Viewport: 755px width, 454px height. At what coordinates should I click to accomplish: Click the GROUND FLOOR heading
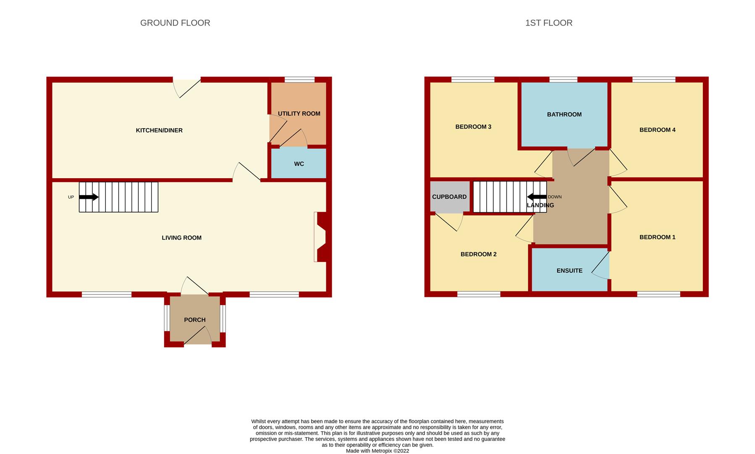pyautogui.click(x=175, y=23)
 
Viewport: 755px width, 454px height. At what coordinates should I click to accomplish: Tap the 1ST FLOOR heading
pyautogui.click(x=548, y=23)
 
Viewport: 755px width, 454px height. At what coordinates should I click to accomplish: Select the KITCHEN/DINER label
pyautogui.click(x=159, y=130)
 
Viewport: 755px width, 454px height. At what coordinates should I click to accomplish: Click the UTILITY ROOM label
pyautogui.click(x=299, y=113)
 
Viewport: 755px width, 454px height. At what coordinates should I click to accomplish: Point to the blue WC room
pyautogui.click(x=299, y=164)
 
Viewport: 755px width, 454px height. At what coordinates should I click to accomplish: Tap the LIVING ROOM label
pyautogui.click(x=181, y=238)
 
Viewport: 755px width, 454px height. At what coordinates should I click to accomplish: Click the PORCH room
pyautogui.click(x=195, y=320)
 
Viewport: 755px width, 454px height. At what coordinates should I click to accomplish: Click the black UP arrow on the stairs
pyautogui.click(x=89, y=197)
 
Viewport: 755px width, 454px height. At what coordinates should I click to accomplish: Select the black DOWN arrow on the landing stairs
pyautogui.click(x=537, y=197)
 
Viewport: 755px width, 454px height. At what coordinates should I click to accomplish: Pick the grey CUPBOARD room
pyautogui.click(x=449, y=197)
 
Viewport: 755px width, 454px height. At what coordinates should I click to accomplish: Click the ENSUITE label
pyautogui.click(x=569, y=271)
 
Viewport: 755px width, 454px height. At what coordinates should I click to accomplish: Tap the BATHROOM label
pyautogui.click(x=564, y=114)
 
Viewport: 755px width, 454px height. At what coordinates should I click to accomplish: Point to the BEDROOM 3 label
pyautogui.click(x=473, y=127)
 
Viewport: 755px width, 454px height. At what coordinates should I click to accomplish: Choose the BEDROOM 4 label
pyautogui.click(x=657, y=130)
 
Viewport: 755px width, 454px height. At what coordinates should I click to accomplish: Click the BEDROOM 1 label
pyautogui.click(x=657, y=237)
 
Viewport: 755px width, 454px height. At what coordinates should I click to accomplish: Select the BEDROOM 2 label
pyautogui.click(x=478, y=254)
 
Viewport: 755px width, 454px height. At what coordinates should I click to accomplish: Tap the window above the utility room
pyautogui.click(x=299, y=79)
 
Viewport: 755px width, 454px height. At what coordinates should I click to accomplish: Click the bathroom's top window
pyautogui.click(x=563, y=79)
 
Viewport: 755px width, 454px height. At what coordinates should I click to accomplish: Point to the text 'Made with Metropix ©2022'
pyautogui.click(x=377, y=451)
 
